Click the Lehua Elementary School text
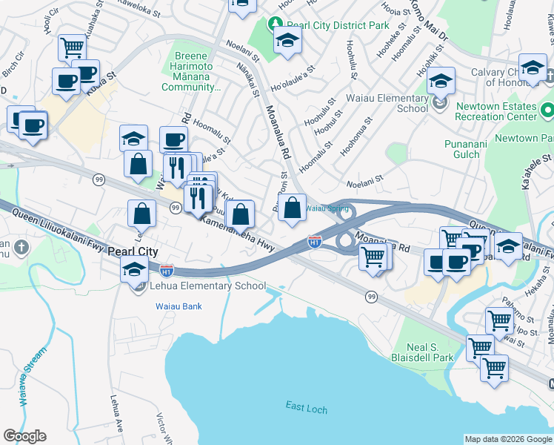coord(208,286)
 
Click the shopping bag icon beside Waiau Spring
coord(293,208)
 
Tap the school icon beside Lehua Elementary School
coord(134,271)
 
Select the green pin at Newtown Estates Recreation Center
coord(547,111)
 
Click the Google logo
coord(24,436)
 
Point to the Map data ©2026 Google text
coord(507,439)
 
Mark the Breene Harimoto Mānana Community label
coord(196,71)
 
